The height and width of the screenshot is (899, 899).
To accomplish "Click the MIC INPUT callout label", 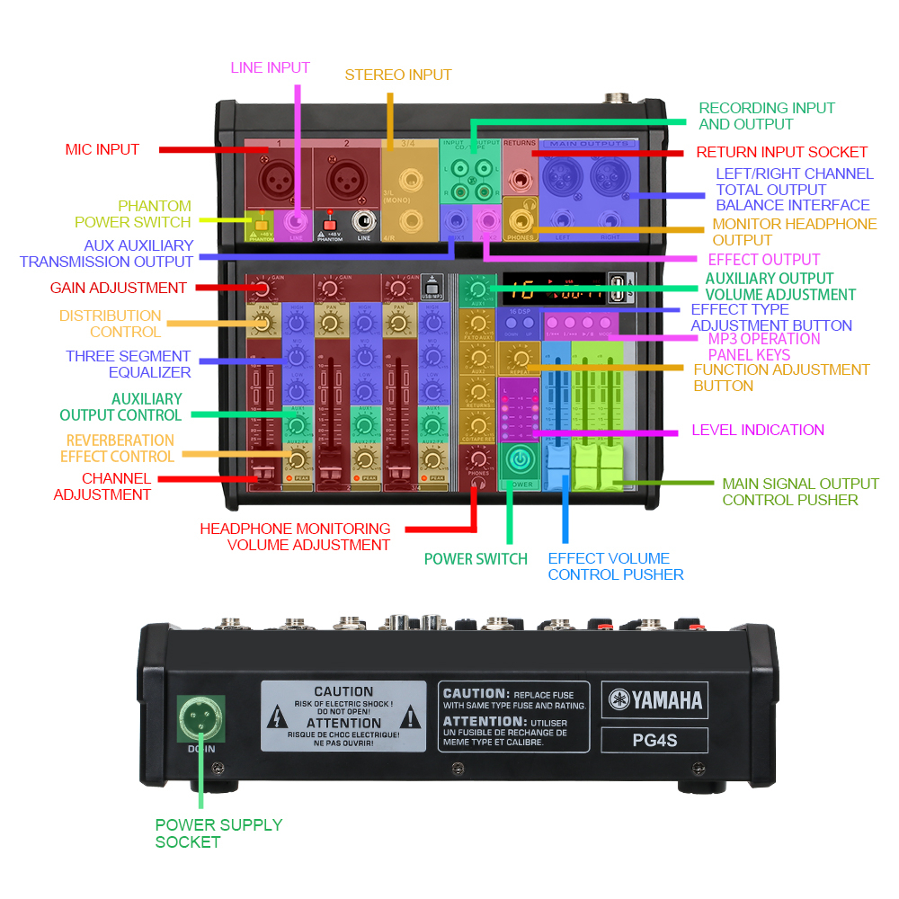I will (102, 149).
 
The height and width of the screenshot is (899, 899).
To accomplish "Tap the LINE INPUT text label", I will (270, 67).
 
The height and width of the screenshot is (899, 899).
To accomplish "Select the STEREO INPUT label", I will (398, 75).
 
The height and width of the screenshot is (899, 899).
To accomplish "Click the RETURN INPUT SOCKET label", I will (781, 152).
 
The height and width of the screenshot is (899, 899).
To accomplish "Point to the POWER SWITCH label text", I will (476, 558).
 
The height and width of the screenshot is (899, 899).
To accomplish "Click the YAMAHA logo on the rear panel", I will (654, 699).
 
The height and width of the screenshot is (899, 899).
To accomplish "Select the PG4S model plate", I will (654, 741).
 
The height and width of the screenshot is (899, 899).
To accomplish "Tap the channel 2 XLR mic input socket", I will (345, 176).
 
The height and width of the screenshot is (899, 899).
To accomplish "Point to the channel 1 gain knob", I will (261, 289).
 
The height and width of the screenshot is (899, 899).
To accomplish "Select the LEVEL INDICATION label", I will (757, 430).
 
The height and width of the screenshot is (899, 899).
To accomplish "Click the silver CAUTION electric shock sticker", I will (343, 717).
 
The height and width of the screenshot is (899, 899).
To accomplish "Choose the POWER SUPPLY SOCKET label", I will (218, 832).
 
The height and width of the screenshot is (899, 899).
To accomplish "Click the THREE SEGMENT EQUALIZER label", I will (128, 364).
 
